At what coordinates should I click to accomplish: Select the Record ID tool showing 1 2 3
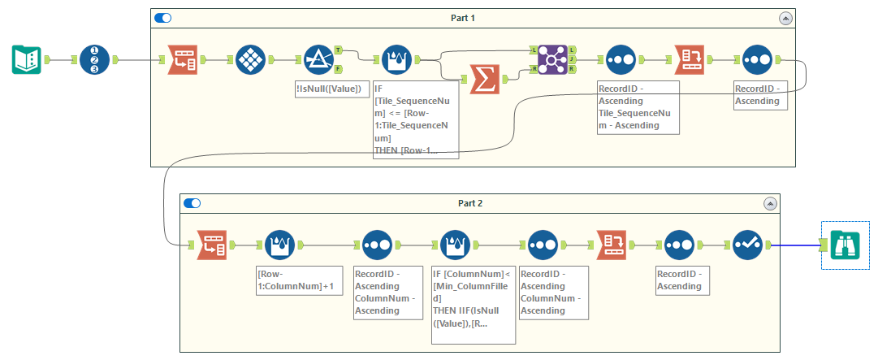point(94,60)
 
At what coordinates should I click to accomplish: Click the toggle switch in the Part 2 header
point(192,203)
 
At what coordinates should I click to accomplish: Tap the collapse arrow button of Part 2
point(769,203)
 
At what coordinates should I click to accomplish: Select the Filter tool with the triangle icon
point(318,60)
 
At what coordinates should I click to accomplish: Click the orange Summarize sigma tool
point(484,80)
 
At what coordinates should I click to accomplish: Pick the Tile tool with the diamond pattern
point(250,60)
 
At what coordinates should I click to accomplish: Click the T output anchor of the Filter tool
point(338,50)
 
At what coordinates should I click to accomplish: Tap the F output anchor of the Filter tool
point(338,69)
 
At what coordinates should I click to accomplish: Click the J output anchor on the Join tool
point(573,60)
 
